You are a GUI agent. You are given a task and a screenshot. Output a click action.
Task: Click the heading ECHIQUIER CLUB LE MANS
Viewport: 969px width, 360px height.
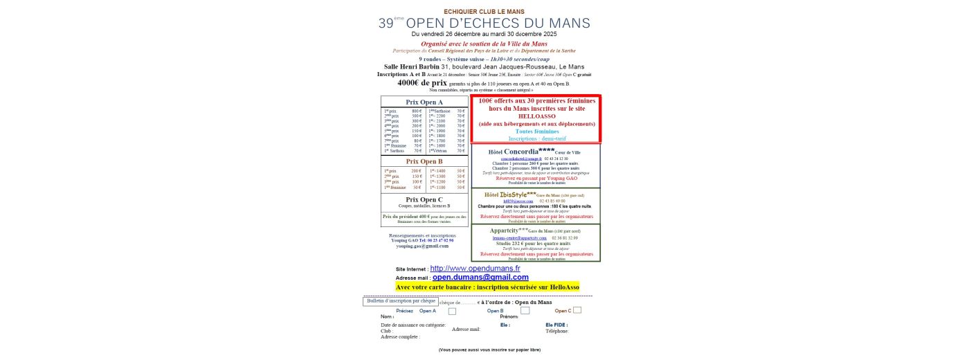tap(484, 11)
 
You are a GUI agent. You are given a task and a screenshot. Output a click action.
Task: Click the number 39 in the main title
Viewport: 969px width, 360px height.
tap(386, 23)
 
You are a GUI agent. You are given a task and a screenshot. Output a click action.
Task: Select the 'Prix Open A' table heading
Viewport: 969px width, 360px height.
tap(424, 102)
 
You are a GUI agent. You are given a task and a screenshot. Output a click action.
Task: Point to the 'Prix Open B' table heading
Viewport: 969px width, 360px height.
tap(424, 161)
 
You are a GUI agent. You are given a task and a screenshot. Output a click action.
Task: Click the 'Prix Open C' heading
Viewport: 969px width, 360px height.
tap(424, 199)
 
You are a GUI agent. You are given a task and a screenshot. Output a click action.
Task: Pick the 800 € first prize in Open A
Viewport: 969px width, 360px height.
tap(417, 111)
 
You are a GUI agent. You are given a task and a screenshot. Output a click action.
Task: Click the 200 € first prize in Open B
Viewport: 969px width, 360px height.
tap(417, 170)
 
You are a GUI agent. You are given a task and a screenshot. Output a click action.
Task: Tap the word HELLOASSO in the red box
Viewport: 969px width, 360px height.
tap(536, 116)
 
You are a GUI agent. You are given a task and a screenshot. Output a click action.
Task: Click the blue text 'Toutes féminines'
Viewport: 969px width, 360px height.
tap(536, 131)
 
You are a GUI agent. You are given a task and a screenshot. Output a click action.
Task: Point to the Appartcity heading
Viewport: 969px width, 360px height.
tap(509, 231)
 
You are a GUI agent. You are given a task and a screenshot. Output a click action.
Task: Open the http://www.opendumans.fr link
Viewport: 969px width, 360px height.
tap(475, 268)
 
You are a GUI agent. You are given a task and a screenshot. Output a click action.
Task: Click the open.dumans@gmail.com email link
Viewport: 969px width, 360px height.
tap(480, 277)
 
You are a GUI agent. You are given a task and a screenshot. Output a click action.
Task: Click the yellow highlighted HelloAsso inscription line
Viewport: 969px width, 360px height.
tap(488, 287)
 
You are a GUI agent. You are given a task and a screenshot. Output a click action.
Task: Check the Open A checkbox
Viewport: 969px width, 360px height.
tap(452, 311)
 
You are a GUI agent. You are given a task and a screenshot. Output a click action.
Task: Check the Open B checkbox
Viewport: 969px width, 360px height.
tap(525, 311)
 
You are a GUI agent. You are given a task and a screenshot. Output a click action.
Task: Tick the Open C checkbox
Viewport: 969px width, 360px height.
tap(577, 310)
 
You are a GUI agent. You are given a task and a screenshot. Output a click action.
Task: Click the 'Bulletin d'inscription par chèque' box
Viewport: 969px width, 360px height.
tap(401, 301)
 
